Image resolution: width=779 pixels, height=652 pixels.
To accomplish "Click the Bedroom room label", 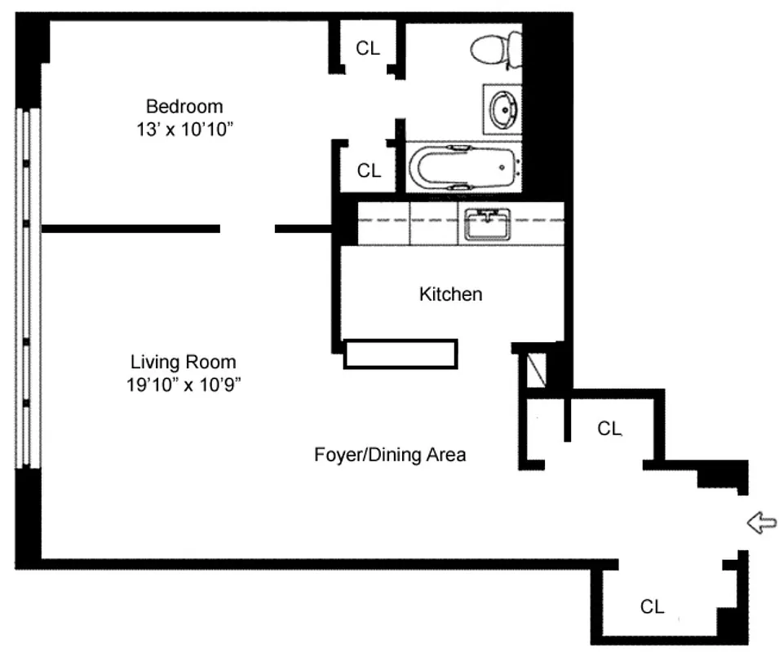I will (x=184, y=106).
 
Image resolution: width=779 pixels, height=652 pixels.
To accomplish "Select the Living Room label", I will (x=184, y=362).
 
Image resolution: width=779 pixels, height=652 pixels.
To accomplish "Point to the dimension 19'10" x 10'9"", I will (x=184, y=385).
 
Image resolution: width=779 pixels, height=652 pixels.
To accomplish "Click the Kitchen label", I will (x=450, y=294).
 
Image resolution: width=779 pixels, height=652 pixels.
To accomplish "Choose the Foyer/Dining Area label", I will (x=390, y=455).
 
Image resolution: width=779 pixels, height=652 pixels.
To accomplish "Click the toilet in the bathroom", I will (x=497, y=48).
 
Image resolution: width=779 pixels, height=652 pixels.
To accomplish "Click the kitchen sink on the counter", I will (x=487, y=223).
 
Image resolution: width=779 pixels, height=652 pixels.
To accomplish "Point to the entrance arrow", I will (x=761, y=522).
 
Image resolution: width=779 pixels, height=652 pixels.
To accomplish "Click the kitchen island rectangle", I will (x=400, y=354).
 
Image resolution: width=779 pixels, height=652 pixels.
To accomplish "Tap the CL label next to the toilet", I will (x=368, y=48).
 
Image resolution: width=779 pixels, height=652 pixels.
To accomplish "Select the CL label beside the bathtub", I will (x=369, y=170).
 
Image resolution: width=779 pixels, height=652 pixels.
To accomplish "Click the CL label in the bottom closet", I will (x=652, y=606).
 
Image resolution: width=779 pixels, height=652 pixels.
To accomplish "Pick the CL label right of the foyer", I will (x=609, y=429).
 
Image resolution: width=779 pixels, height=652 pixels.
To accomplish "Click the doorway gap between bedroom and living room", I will (x=247, y=229).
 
